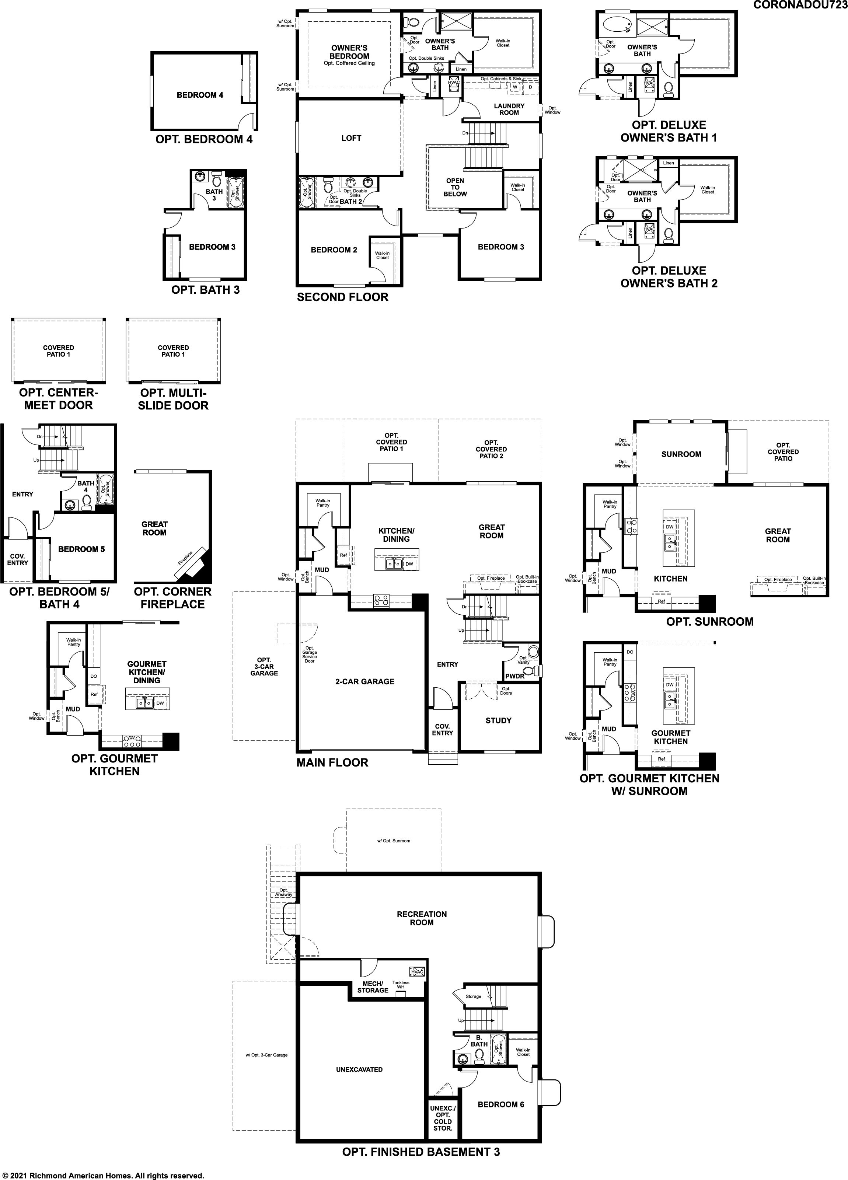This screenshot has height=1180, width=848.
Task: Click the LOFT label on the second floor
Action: point(351,138)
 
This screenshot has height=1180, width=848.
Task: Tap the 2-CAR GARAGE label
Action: point(365,681)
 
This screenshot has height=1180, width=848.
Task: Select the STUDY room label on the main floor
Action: point(498,720)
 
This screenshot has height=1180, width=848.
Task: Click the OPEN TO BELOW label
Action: point(455,187)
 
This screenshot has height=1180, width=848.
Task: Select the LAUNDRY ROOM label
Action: point(509,109)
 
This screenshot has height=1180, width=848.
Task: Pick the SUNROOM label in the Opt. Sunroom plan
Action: point(681,454)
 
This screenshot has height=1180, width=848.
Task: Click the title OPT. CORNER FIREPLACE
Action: point(173,598)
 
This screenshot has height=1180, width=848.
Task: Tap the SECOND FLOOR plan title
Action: point(342,297)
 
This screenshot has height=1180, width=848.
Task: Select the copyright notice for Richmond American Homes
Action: point(103,1175)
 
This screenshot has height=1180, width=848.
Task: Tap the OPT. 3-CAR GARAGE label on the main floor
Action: point(264,667)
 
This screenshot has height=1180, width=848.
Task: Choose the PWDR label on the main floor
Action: point(514,676)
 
